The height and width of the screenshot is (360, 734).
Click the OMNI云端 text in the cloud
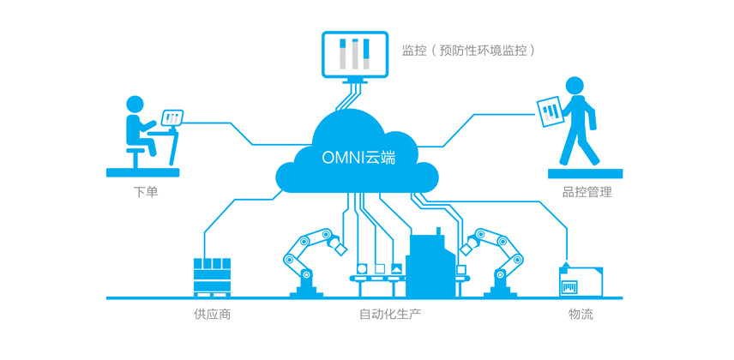358,158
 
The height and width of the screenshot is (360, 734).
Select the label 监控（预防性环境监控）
469,50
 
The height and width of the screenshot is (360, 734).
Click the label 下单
146,192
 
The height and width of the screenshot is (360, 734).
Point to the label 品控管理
587,192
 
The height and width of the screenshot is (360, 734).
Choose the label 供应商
212,315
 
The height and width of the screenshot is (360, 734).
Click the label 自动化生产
390,315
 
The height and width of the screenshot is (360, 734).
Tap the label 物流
581,315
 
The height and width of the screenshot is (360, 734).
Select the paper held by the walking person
549,110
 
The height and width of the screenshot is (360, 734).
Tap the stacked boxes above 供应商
212,276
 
